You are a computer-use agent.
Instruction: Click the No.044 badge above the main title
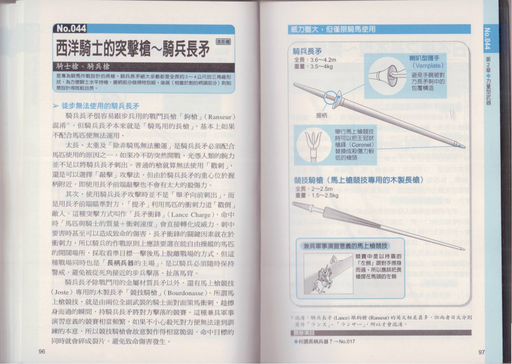click(71, 28)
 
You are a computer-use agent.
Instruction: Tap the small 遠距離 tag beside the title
click(224, 42)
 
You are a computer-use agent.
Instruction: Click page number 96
click(42, 351)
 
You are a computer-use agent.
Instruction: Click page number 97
click(481, 352)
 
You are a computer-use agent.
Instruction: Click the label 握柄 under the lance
click(321, 116)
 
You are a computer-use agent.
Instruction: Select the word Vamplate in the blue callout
click(428, 66)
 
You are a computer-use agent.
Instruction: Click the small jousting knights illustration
click(329, 273)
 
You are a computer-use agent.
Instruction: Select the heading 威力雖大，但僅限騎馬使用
click(333, 29)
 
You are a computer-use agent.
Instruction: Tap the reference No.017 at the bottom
click(347, 342)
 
